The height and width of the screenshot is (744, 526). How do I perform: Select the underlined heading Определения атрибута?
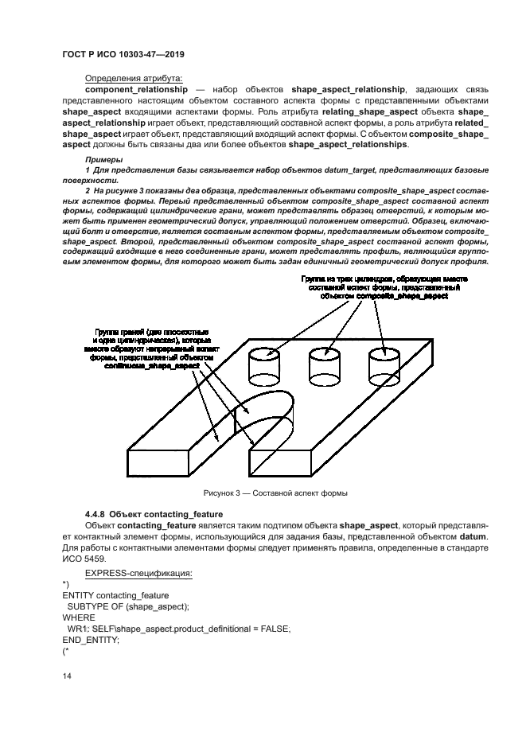pyautogui.click(x=133, y=78)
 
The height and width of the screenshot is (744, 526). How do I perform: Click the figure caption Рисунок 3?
pyautogui.click(x=275, y=493)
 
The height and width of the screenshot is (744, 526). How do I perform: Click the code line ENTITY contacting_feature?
pyautogui.click(x=116, y=595)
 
